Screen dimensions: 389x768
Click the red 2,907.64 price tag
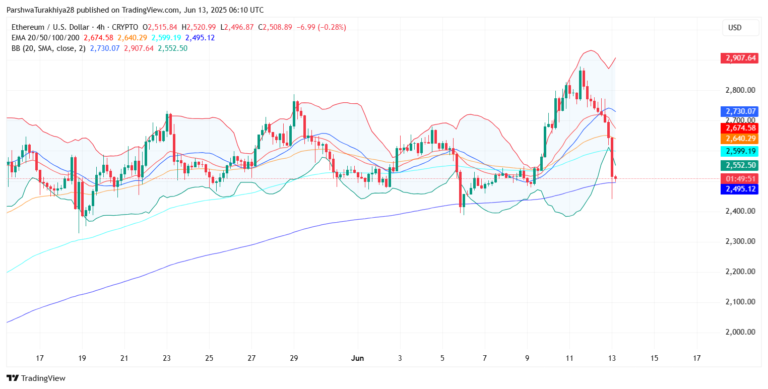[739, 58]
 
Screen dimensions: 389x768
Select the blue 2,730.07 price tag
[739, 111]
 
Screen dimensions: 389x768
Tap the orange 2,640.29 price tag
[739, 139]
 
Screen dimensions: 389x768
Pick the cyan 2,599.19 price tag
[739, 151]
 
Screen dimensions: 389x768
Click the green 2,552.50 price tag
[739, 165]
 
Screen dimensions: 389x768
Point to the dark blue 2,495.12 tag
[739, 189]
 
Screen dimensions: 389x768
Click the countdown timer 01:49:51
[739, 179]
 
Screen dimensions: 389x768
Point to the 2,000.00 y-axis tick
[740, 332]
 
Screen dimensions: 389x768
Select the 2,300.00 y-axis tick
[740, 241]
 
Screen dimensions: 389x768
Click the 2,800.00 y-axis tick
[740, 90]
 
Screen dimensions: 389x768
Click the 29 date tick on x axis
[294, 358]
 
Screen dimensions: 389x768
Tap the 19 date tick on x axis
[82, 358]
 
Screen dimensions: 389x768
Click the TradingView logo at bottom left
[36, 378]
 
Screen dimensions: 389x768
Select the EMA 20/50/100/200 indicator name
[46, 38]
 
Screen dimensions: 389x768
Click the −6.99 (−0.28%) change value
[321, 27]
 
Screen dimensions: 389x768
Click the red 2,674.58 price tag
[739, 128]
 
